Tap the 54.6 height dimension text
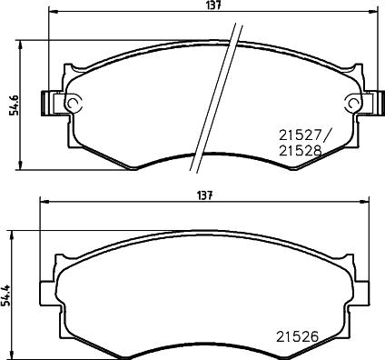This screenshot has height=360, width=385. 11,105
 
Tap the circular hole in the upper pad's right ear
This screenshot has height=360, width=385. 352,103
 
